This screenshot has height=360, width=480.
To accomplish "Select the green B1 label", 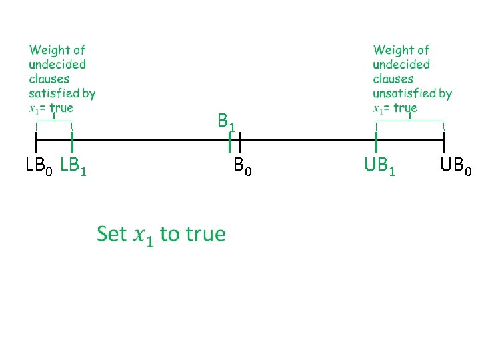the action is pyautogui.click(x=226, y=121).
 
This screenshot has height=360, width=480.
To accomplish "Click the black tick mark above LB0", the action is pyautogui.click(x=36, y=141).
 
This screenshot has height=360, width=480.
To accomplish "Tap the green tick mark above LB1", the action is pyautogui.click(x=72, y=141).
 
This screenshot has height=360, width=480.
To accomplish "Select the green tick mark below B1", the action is pyautogui.click(x=229, y=142).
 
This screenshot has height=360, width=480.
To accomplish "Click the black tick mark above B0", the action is pyautogui.click(x=240, y=141).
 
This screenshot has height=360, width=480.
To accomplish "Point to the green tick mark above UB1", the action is pyautogui.click(x=377, y=141).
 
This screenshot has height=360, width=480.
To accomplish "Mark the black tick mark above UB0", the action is pyautogui.click(x=444, y=141).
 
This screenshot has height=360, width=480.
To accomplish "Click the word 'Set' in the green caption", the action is pyautogui.click(x=111, y=234).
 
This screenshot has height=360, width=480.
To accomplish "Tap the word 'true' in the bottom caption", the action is pyautogui.click(x=205, y=234).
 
